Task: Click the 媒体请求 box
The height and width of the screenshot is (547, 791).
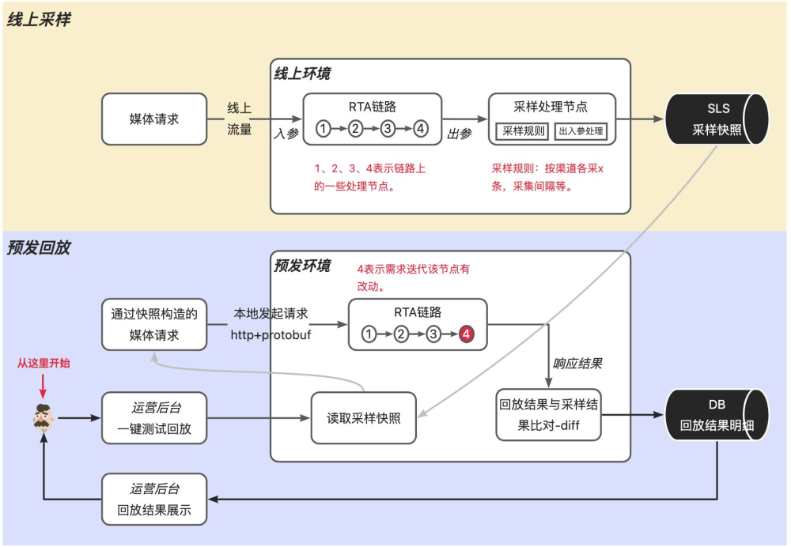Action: pyautogui.click(x=154, y=119)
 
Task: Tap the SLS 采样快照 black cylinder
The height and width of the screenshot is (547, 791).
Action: pyautogui.click(x=717, y=119)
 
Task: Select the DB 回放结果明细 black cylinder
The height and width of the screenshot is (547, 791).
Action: pyautogui.click(x=717, y=415)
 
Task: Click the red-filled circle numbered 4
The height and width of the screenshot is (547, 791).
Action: pyautogui.click(x=467, y=334)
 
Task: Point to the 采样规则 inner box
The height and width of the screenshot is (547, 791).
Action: pyautogui.click(x=524, y=131)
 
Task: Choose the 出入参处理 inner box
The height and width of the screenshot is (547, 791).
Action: pyautogui.click(x=581, y=131)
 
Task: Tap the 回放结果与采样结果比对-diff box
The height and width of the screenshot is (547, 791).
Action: pyautogui.click(x=548, y=414)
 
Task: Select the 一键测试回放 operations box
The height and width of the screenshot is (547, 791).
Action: pyautogui.click(x=154, y=418)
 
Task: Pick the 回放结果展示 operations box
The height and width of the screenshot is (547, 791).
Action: pyautogui.click(x=154, y=499)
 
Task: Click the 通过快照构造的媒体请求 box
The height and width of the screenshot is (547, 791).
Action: pyautogui.click(x=154, y=324)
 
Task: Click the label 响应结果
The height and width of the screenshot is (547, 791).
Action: pyautogui.click(x=577, y=364)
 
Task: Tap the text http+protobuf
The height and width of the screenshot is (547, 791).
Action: pyautogui.click(x=271, y=335)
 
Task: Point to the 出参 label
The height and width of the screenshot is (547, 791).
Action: pyautogui.click(x=460, y=134)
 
